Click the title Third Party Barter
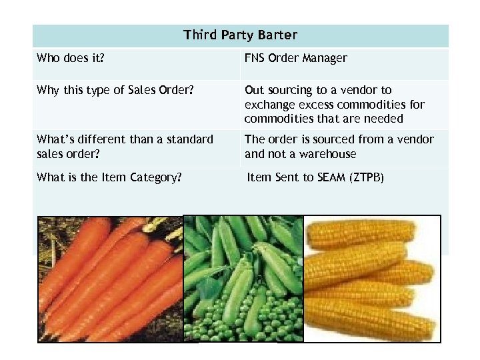(240, 35)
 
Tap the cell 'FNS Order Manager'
(295, 58)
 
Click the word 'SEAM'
(329, 178)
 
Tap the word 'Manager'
(325, 58)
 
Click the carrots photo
(110, 280)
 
